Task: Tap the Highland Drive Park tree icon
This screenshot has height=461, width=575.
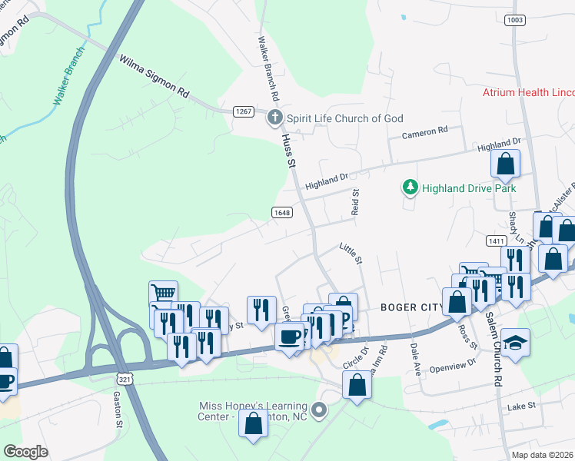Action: pos(410,187)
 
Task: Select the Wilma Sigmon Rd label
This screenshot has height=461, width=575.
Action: pos(154,75)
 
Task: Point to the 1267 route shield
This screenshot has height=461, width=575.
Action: pos(244,111)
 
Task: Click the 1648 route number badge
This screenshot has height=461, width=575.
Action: pos(281,211)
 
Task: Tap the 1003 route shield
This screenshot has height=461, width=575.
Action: pos(515,20)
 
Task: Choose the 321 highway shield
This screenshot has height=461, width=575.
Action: pos(126,379)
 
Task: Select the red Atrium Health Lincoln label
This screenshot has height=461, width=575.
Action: pos(528,92)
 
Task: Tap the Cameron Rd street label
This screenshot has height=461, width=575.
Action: pos(425,133)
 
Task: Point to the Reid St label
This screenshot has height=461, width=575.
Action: pos(355,202)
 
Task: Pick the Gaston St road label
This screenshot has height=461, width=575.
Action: pos(118,409)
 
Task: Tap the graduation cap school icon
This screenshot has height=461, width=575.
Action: pos(515,343)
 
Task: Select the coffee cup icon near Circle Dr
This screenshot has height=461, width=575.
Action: pos(290,337)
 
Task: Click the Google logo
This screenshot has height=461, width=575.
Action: pos(25,451)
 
